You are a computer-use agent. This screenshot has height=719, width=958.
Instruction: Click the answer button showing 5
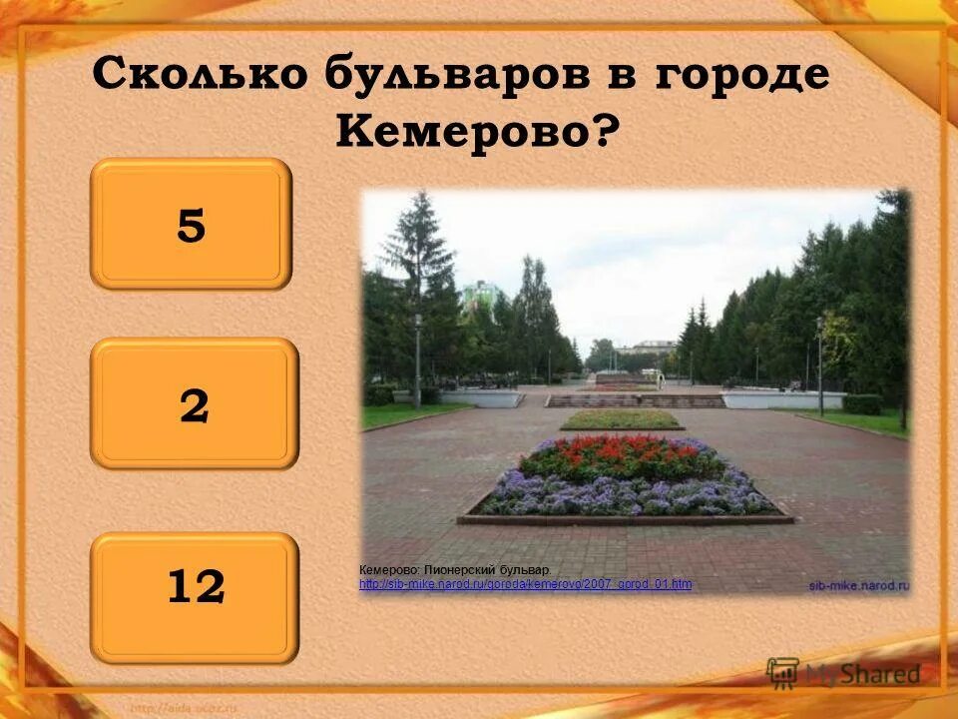pos(191,225)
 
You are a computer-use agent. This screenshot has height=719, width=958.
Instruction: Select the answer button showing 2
pos(195,404)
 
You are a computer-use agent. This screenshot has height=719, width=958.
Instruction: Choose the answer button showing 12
pos(195,587)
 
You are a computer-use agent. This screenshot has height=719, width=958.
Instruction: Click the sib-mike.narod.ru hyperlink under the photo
pos(525,584)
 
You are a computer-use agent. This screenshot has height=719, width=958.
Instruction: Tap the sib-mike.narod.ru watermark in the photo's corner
pos(857,585)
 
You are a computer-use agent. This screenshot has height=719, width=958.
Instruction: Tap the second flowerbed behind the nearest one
pos(622,420)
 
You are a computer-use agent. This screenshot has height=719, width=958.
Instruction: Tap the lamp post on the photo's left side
pos(417,359)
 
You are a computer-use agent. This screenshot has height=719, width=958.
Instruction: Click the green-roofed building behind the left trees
pos(481,294)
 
